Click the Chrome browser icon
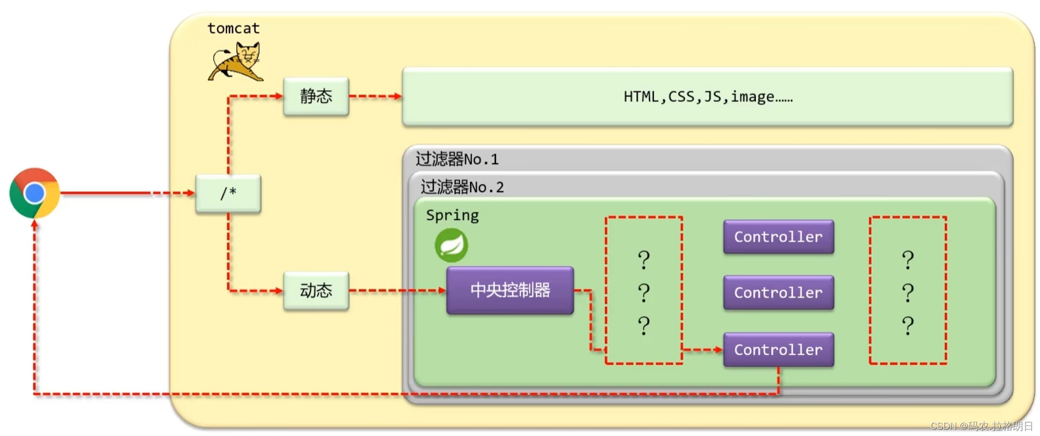(34, 193)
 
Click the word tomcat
(233, 28)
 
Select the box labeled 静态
(316, 96)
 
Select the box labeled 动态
(316, 290)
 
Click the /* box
(228, 193)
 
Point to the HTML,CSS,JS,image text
(707, 97)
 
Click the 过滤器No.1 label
(457, 159)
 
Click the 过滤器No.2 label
(462, 187)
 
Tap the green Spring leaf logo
(451, 245)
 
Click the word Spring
(452, 215)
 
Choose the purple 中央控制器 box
(510, 290)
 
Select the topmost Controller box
(778, 237)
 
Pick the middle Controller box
(778, 292)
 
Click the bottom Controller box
(778, 350)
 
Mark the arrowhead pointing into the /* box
(191, 193)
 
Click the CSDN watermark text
(981, 426)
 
